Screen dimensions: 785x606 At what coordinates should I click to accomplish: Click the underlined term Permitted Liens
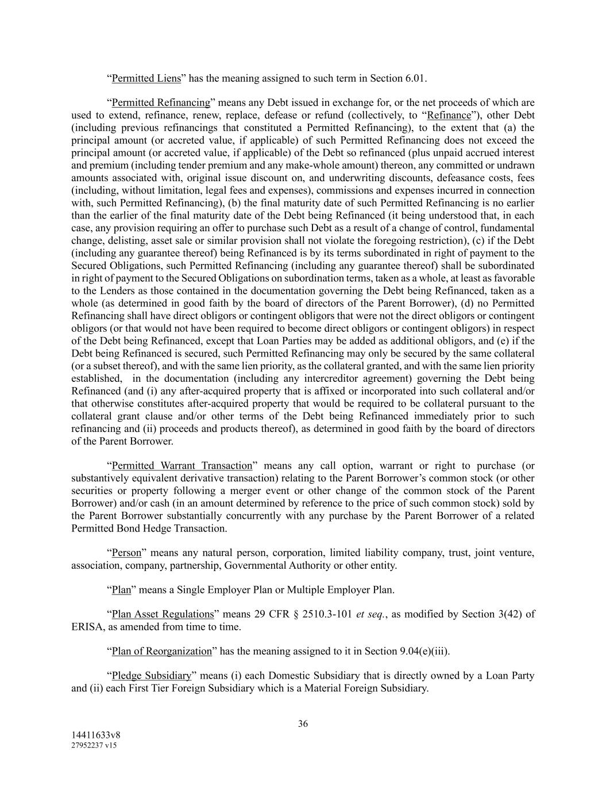146,78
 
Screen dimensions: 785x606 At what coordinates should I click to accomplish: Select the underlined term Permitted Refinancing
161,103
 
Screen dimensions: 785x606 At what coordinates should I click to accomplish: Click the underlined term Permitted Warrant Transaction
182,466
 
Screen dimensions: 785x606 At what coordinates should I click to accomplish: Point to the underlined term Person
126,553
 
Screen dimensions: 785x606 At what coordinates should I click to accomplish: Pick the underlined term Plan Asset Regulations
163,614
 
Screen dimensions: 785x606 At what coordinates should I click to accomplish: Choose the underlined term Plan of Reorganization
161,651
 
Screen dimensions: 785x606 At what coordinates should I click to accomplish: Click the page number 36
303,723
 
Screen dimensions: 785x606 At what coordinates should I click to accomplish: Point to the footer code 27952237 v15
94,745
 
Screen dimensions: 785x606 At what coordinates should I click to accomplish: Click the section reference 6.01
416,78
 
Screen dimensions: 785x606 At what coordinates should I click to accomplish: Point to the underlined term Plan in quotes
121,590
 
